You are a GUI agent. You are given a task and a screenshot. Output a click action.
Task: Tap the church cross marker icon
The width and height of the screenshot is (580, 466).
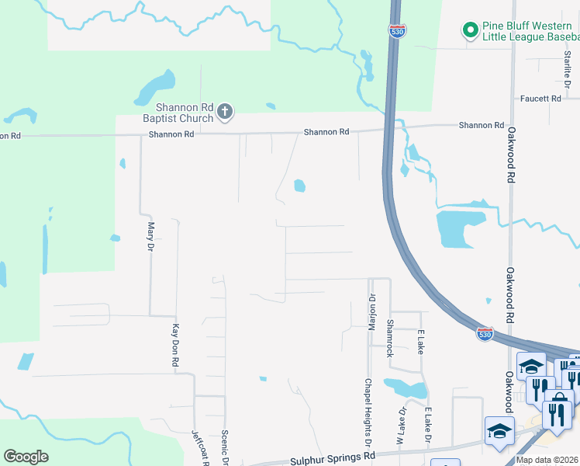pos(225,112)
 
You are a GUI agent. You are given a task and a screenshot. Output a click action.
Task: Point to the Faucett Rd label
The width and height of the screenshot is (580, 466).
pos(540,99)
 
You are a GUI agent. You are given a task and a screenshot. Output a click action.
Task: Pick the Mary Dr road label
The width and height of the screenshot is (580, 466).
pos(151,236)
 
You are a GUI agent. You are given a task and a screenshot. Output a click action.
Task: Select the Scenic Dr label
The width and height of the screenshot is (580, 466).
pos(225,447)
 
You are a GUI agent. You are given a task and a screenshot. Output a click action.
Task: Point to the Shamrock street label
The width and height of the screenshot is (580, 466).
pos(390,339)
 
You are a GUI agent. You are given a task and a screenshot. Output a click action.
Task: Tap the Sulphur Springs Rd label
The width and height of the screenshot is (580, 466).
pos(332,457)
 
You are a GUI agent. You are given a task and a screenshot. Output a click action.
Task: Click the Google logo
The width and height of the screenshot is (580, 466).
pos(26,457)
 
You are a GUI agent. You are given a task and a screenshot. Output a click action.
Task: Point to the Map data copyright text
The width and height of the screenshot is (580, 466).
pos(546,460)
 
